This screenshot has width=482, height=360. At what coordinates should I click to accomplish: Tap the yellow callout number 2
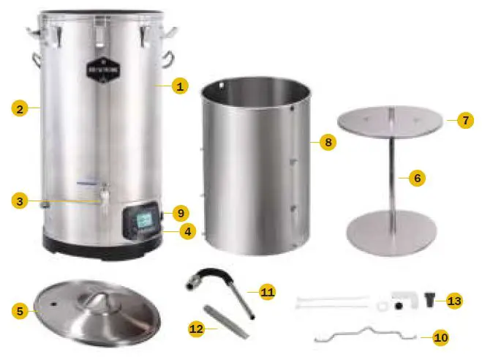tap(20, 109)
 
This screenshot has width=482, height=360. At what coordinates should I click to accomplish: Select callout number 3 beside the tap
tap(20, 199)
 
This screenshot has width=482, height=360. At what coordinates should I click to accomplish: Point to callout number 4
tap(188, 231)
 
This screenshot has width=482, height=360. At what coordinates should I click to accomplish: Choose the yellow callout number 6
tap(417, 177)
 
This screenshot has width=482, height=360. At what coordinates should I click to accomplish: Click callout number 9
tap(181, 214)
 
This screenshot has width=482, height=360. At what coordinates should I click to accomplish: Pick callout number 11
tap(267, 292)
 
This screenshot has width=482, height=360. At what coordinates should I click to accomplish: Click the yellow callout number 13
tap(454, 301)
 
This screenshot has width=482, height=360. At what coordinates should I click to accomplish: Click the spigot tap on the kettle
tap(105, 198)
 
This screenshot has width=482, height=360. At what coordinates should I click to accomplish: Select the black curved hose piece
tap(218, 277)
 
